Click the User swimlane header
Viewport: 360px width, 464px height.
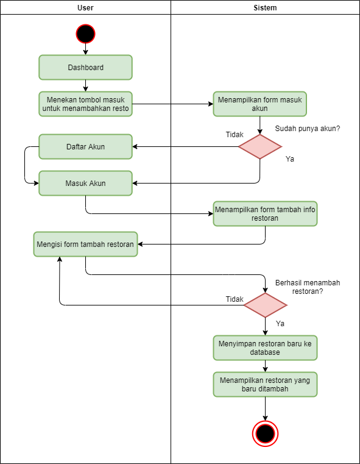pos(85,8)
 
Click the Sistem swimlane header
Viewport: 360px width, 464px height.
pos(265,8)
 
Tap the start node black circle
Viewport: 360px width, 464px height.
pos(85,33)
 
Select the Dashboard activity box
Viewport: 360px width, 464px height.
pos(85,68)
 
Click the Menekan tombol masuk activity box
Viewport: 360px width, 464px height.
pos(85,104)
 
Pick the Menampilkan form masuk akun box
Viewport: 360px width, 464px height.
pos(259,104)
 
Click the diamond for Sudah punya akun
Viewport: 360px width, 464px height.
pos(260,146)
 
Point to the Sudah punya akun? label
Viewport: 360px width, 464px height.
pos(307,129)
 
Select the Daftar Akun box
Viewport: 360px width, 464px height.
pos(85,147)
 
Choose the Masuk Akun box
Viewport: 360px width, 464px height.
pos(85,183)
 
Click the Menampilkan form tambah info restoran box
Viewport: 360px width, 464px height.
pos(265,214)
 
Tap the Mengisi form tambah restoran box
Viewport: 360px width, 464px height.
pos(85,244)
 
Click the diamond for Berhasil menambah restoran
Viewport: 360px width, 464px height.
pos(265,305)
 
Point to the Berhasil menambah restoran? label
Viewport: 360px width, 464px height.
pos(308,287)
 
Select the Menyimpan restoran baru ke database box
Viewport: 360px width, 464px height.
pos(265,348)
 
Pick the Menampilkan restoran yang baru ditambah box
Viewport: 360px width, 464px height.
pos(265,385)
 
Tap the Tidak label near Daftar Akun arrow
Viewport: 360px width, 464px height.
pos(235,135)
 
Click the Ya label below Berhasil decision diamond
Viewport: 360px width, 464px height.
pos(280,324)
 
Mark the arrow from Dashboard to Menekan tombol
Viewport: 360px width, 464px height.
pos(85,86)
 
